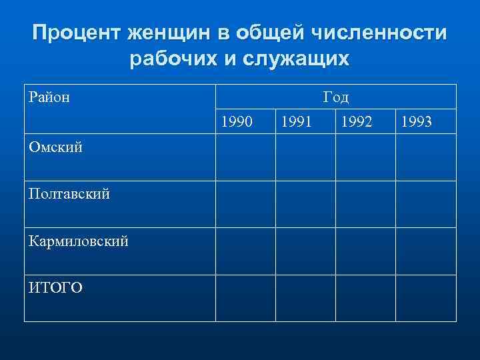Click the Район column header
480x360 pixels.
[50, 97]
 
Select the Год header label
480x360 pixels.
[336, 97]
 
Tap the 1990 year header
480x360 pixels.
[237, 121]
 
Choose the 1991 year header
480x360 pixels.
[298, 121]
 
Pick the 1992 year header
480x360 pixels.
[357, 121]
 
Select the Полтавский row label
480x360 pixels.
[69, 193]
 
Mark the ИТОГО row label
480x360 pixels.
[56, 287]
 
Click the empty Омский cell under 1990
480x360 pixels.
[245, 158]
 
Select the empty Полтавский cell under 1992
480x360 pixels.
[365, 204]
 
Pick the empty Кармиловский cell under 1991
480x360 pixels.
[305, 251]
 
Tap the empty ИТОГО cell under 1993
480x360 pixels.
[425, 298]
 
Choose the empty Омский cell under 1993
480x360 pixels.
[425, 158]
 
